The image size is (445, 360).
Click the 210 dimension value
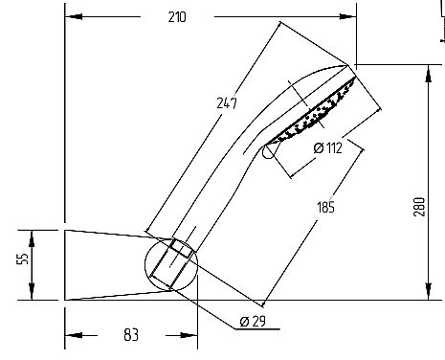[177, 17]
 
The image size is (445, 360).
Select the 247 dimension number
[227, 103]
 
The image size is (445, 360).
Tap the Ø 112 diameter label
[328, 147]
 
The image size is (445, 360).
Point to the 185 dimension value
[326, 207]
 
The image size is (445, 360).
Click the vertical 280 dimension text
[419, 207]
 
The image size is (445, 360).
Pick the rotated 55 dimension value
[23, 259]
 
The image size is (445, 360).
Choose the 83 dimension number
[131, 335]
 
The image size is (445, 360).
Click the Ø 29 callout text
[253, 321]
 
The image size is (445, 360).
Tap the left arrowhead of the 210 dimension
[74, 16]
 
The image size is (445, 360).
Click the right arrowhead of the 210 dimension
[347, 16]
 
